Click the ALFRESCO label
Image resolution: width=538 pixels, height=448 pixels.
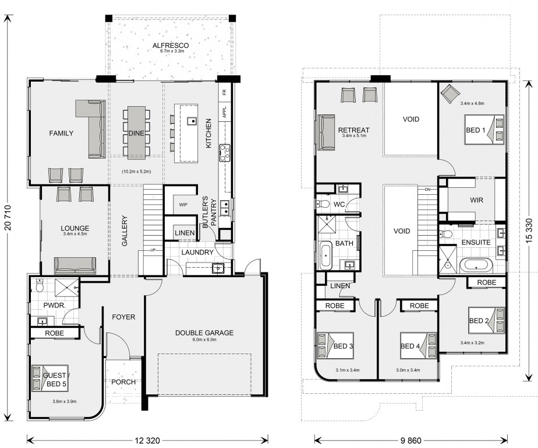(x=171, y=45)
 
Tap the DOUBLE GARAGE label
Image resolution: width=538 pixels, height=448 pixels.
(x=204, y=333)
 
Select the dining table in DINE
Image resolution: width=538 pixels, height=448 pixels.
(x=137, y=133)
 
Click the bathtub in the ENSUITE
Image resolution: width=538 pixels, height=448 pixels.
(x=476, y=266)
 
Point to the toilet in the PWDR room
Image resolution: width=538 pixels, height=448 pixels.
(x=40, y=285)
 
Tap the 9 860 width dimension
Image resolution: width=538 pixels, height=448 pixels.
(x=410, y=440)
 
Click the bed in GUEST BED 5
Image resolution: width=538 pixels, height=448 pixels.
(x=50, y=378)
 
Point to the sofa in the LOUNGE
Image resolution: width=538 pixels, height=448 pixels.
(x=75, y=266)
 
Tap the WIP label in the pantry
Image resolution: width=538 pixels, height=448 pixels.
(x=183, y=205)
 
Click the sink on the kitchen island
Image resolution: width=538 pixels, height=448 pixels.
(x=192, y=121)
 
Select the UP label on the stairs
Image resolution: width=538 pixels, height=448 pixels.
(x=153, y=250)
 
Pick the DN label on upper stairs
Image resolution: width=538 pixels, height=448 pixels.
(x=427, y=190)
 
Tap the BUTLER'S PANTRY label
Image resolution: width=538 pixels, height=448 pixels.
(x=209, y=212)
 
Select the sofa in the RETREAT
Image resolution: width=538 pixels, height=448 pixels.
(x=326, y=132)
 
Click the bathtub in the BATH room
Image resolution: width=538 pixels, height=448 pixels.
(x=325, y=256)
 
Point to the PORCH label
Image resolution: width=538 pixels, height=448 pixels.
(x=123, y=381)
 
